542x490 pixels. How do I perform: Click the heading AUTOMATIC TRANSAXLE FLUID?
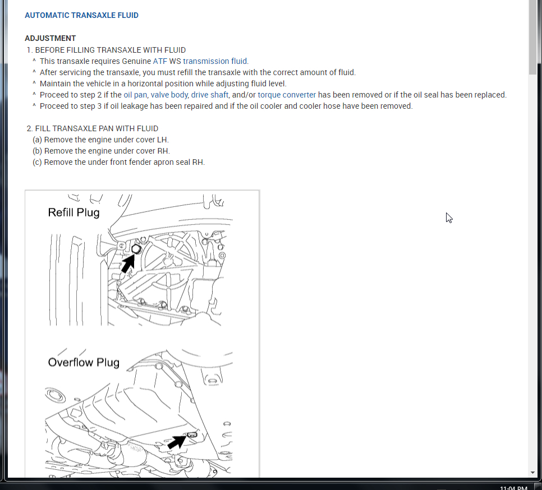click(x=81, y=15)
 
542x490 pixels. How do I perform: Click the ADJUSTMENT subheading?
click(x=50, y=39)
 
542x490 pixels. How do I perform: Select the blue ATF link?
click(x=160, y=61)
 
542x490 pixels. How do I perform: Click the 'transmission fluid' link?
click(x=215, y=61)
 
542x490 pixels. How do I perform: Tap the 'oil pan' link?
click(x=135, y=95)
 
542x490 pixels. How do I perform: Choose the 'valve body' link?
click(x=169, y=95)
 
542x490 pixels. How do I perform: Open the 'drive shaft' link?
click(x=209, y=95)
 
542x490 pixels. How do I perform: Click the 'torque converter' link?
click(x=287, y=95)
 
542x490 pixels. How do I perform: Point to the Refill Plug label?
click(x=74, y=212)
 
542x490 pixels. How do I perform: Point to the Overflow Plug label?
click(x=84, y=362)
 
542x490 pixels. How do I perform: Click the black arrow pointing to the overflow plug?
click(x=177, y=442)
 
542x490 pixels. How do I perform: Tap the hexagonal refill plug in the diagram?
click(x=136, y=249)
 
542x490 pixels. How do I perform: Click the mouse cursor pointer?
click(x=449, y=218)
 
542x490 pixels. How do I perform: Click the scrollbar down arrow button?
click(x=532, y=473)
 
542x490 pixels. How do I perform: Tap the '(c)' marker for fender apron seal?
click(x=37, y=162)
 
